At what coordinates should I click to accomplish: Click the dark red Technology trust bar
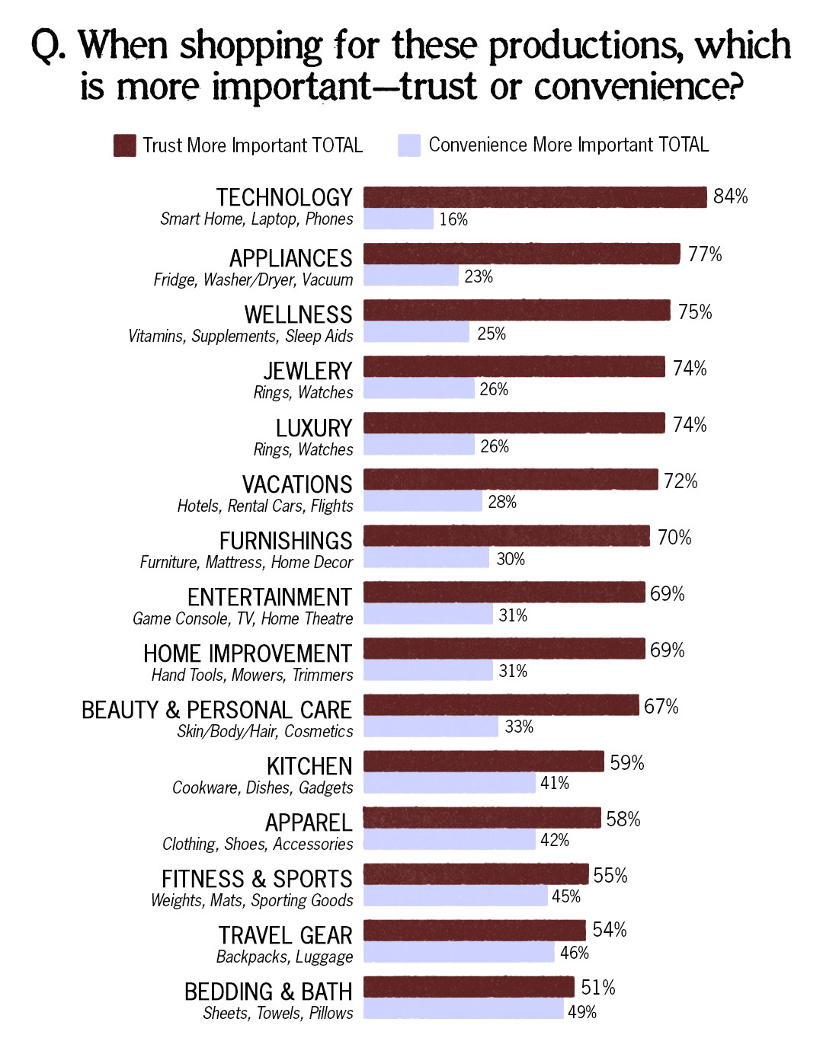click(x=535, y=197)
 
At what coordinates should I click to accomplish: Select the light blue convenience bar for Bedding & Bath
click(x=463, y=1009)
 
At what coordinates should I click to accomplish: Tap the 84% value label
click(x=730, y=196)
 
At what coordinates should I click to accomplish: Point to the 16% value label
click(x=453, y=219)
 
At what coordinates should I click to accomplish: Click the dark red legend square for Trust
click(x=124, y=145)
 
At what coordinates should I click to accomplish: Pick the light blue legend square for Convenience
click(x=409, y=145)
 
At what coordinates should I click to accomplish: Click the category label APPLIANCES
click(x=291, y=258)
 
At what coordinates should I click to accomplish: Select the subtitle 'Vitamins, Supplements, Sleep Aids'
click(x=241, y=336)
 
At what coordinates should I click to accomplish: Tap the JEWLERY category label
click(x=308, y=371)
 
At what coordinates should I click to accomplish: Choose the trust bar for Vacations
click(x=511, y=480)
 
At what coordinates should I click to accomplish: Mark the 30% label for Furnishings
click(x=511, y=559)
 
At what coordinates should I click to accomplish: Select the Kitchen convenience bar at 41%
click(x=450, y=783)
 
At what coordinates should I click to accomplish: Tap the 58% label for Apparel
click(x=623, y=819)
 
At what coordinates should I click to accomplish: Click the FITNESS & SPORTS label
click(x=257, y=879)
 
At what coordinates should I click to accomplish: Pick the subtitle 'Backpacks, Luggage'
click(x=285, y=957)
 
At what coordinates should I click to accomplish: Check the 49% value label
click(x=582, y=1012)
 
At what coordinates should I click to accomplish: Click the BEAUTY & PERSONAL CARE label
click(x=216, y=710)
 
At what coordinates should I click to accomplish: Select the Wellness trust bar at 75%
click(x=517, y=311)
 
